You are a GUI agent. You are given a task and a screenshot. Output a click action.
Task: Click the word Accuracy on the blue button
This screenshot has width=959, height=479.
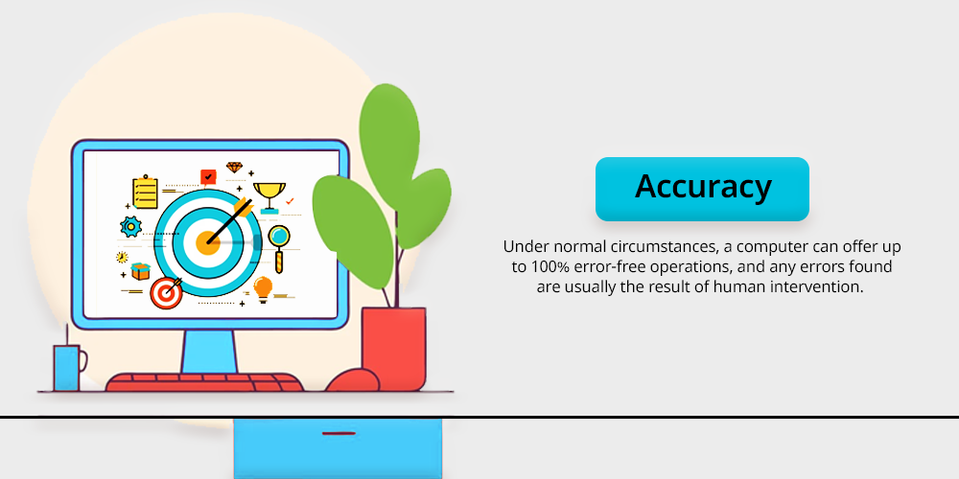(x=703, y=187)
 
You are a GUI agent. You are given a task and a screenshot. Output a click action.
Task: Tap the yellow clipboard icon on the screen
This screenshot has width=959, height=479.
(x=145, y=193)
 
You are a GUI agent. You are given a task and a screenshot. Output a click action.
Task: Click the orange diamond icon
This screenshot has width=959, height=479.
(x=234, y=167)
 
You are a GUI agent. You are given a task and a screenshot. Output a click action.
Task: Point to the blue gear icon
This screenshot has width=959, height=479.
(x=130, y=227)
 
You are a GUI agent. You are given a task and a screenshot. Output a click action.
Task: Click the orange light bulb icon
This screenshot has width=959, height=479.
(x=263, y=289)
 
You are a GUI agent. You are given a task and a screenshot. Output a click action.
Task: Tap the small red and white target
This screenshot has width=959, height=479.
(x=166, y=293)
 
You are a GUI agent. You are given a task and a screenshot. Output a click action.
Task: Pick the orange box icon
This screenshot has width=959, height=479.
(x=141, y=271)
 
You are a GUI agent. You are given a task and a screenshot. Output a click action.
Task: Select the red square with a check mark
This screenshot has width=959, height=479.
(x=208, y=176)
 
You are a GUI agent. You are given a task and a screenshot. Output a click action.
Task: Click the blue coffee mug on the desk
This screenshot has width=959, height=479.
(x=68, y=367)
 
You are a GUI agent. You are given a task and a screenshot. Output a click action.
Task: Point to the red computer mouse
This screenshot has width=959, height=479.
(x=352, y=380)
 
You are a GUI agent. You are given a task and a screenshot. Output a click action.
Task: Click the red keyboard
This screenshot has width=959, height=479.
(x=204, y=382)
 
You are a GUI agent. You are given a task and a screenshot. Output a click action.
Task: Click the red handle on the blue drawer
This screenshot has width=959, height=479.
(x=339, y=433)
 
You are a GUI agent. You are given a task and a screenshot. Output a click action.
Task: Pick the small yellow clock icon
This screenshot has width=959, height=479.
(x=122, y=257)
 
